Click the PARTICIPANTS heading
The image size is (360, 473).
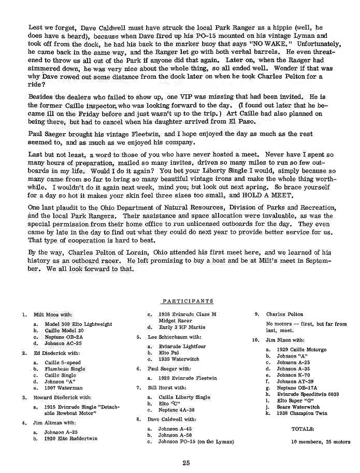pyautogui.click(x=188, y=301)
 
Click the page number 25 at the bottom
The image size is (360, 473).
pyautogui.click(x=186, y=463)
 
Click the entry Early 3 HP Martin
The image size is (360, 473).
pyautogui.click(x=182, y=327)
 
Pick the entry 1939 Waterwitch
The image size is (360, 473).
pyautogui.click(x=179, y=359)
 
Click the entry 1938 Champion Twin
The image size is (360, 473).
pyautogui.click(x=302, y=413)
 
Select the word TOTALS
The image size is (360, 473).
pyautogui.click(x=303, y=429)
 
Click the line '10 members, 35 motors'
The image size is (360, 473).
pyautogui.click(x=321, y=441)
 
